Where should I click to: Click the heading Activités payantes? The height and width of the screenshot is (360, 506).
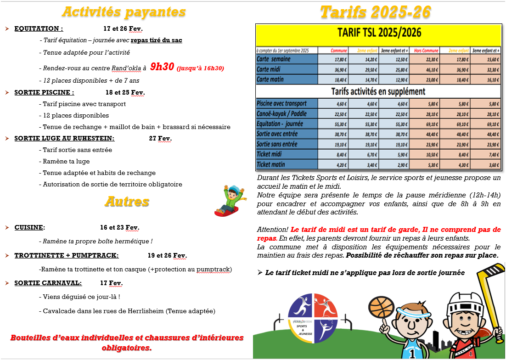[124, 12]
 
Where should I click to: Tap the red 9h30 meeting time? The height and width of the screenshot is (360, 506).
[163, 67]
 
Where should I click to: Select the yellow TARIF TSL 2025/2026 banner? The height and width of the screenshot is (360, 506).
[378, 34]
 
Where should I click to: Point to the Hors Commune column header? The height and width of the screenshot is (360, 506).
[425, 50]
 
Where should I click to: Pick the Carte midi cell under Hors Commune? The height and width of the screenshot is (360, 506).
[425, 69]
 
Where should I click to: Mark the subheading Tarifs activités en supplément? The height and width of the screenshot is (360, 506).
[378, 91]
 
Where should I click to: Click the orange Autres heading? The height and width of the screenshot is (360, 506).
[127, 201]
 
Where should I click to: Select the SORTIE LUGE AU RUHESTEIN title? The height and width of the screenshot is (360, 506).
[64, 138]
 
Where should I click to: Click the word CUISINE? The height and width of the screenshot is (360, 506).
[29, 227]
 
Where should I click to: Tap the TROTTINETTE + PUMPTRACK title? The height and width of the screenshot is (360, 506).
[66, 255]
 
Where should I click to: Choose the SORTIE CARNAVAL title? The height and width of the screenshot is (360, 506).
[48, 283]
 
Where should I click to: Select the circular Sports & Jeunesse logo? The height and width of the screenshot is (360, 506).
[313, 318]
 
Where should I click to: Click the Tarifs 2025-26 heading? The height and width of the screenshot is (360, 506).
[376, 12]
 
